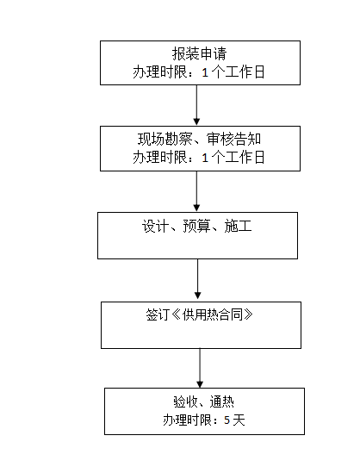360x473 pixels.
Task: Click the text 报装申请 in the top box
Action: (199, 54)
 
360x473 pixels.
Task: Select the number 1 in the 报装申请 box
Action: (205, 72)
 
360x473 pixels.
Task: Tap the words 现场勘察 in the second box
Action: (164, 139)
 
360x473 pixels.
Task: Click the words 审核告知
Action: (233, 139)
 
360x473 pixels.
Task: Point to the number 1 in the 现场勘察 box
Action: (205, 158)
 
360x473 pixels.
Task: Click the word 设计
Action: (155, 227)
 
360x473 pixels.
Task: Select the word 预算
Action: (196, 227)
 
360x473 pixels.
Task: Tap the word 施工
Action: (238, 227)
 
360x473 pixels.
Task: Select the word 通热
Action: (222, 401)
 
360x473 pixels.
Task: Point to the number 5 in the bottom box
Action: (227, 420)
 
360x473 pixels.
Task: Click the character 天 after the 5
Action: (239, 420)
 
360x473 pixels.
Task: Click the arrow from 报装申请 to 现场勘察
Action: (196, 105)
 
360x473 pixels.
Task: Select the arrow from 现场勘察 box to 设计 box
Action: (196, 191)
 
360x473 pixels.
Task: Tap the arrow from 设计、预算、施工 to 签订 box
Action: (198, 279)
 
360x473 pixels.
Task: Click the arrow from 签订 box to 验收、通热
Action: (200, 369)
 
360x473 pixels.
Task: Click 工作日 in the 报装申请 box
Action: (245, 72)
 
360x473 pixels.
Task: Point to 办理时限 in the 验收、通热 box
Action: (187, 420)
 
